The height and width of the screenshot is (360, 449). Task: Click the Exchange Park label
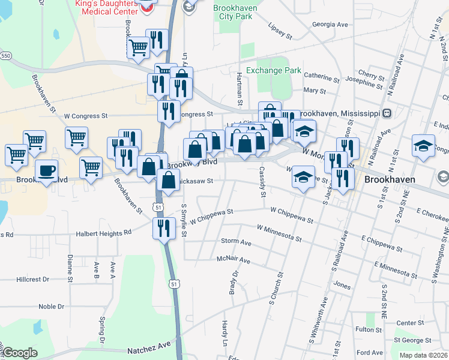(274, 70)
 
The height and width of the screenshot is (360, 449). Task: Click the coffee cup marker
(46, 171)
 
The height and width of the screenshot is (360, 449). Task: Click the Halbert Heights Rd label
(103, 233)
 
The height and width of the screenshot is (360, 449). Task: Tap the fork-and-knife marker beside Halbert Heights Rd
(163, 227)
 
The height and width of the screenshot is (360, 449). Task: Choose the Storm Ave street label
(236, 241)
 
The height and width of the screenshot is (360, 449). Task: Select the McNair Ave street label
(233, 260)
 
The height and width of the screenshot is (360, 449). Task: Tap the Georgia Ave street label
(330, 25)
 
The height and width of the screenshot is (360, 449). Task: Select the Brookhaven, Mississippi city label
(340, 113)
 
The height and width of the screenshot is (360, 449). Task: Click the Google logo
(20, 353)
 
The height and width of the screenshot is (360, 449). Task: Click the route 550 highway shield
(5, 55)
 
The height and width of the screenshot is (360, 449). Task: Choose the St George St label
(413, 340)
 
